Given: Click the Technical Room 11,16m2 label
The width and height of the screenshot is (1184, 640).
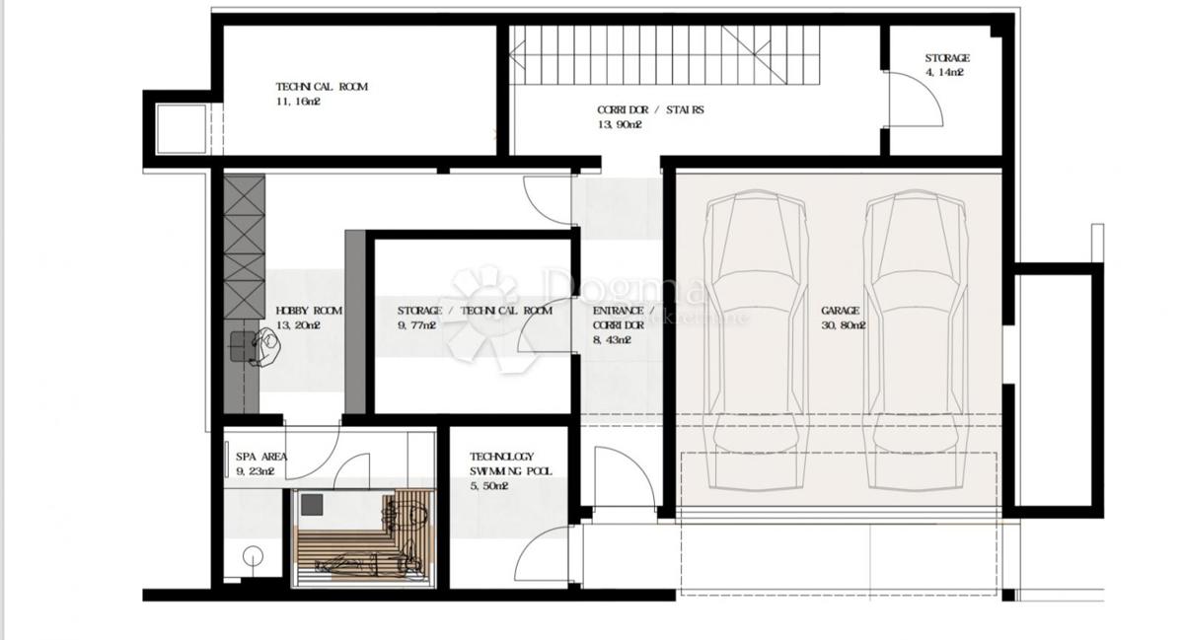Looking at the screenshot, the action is (x=322, y=94).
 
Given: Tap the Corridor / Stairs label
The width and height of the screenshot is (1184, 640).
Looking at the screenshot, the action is (x=650, y=109).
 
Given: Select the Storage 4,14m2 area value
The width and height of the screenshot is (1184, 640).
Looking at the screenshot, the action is (x=944, y=72).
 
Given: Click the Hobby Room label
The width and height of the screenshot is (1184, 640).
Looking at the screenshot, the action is (x=309, y=311).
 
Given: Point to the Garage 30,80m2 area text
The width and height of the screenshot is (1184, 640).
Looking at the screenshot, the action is (x=844, y=325).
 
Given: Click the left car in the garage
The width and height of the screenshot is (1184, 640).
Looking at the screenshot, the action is (x=756, y=340).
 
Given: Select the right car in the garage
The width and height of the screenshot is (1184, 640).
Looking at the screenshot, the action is (x=917, y=340).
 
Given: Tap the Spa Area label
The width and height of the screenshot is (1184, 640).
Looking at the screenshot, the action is (x=261, y=457).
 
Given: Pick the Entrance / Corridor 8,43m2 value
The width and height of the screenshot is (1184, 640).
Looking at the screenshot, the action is (x=612, y=340).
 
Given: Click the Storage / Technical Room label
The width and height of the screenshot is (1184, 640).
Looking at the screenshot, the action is (x=475, y=311).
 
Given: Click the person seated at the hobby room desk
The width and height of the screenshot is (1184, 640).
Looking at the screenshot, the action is (x=264, y=347).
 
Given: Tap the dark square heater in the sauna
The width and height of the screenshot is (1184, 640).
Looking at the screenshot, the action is (x=312, y=505).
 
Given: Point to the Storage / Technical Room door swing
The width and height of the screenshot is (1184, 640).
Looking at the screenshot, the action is (x=546, y=325).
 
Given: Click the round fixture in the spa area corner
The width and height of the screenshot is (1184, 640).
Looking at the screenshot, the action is (x=254, y=556).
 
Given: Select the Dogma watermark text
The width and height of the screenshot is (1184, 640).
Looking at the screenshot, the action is (x=624, y=286).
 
